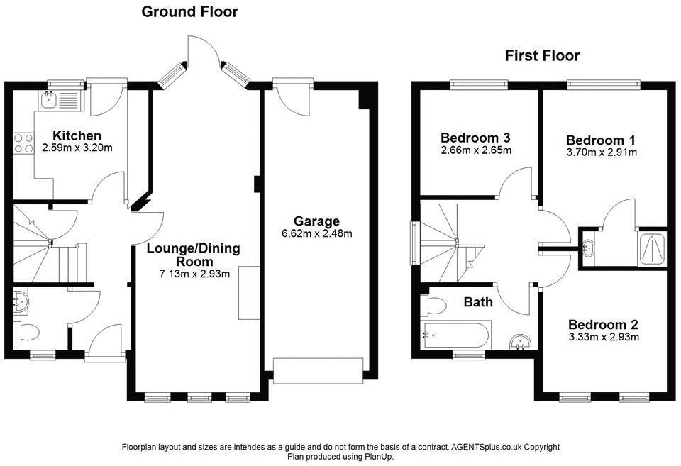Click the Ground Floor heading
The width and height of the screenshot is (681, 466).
(x=189, y=11)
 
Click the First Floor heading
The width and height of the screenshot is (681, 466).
(x=542, y=55)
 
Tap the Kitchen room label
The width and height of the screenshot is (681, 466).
(x=77, y=135)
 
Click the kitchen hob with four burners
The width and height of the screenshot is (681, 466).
(x=24, y=143)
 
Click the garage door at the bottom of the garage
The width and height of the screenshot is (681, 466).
(x=319, y=370)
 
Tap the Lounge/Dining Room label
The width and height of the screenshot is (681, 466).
(x=194, y=255)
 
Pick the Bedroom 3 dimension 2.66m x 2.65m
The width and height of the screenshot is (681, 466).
(x=476, y=150)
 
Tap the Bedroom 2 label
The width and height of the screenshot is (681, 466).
(x=604, y=324)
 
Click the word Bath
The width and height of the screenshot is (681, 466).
(x=478, y=302)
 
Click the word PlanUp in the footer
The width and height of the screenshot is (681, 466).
(x=378, y=457)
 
